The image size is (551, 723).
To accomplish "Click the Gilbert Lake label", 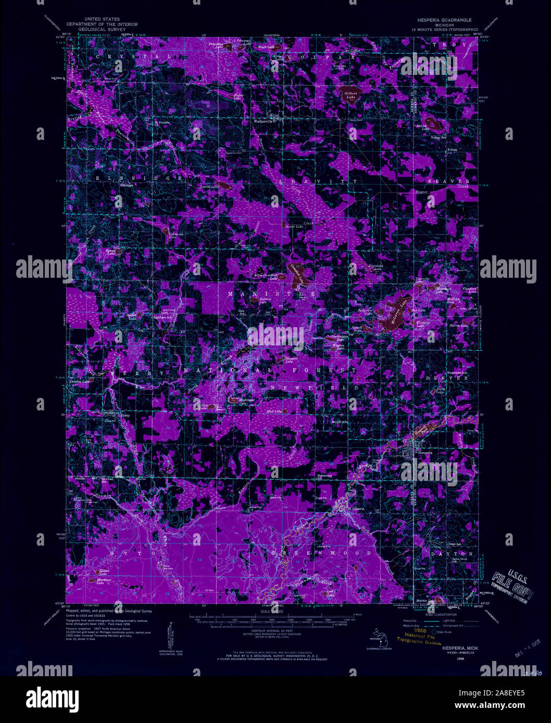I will coord(350,95).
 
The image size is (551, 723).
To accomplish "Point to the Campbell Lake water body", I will coord(297,275).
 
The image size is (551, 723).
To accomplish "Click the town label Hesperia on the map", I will coord(424,453).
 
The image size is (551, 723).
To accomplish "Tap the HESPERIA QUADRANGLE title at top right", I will coord(443,19).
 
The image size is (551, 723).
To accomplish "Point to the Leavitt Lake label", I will coord(211,186).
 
